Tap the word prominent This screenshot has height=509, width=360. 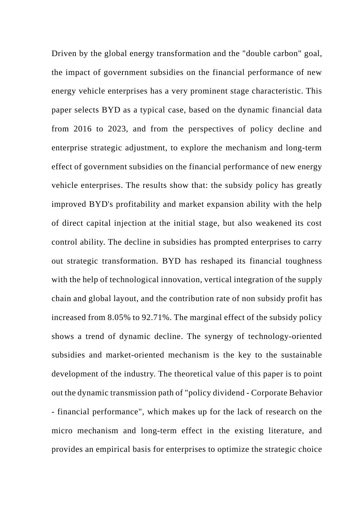pos(204,91)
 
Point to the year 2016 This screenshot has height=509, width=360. pos(82,129)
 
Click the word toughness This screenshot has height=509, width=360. pos(302,261)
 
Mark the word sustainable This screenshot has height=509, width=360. pos(301,355)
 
